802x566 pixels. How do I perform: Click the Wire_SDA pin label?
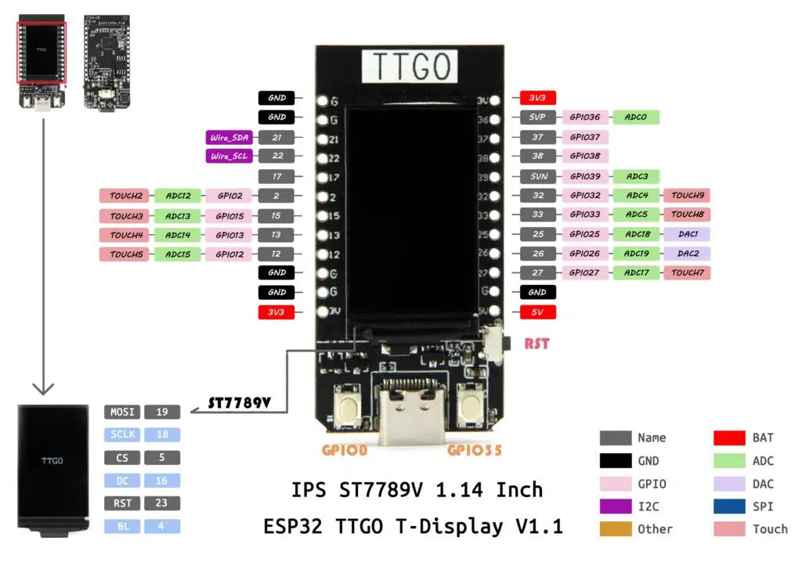click(x=229, y=137)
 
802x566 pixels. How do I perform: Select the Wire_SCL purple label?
click(x=229, y=156)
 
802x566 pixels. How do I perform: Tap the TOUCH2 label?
click(x=125, y=196)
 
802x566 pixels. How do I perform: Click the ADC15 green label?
click(x=178, y=254)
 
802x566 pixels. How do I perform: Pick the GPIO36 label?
click(x=585, y=117)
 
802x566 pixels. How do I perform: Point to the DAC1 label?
click(x=687, y=234)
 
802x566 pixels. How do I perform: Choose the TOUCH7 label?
click(x=687, y=273)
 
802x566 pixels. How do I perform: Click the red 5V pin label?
click(x=537, y=312)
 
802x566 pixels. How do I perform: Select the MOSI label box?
click(x=121, y=412)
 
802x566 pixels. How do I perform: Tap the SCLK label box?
click(x=121, y=434)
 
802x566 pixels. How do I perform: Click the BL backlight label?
click(x=121, y=526)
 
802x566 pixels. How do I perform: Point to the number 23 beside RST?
click(x=162, y=503)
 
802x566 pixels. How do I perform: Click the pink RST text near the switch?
click(x=536, y=342)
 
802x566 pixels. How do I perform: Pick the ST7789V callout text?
click(x=239, y=404)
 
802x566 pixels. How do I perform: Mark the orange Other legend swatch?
click(x=615, y=529)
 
